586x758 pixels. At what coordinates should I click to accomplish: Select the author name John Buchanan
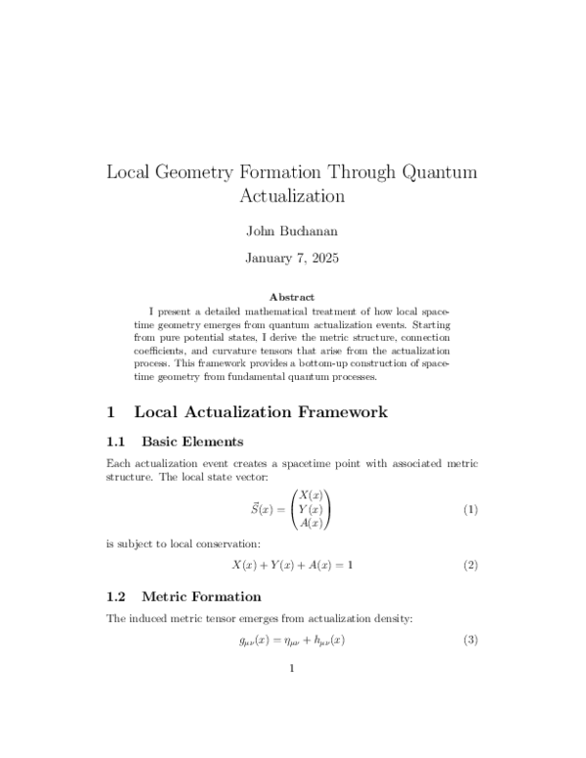[292, 232]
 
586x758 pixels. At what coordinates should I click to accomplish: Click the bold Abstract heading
[292, 297]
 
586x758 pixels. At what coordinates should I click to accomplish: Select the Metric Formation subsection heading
[201, 596]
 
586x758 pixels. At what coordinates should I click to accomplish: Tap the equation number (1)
[470, 510]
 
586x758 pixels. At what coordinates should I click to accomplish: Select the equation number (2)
[470, 566]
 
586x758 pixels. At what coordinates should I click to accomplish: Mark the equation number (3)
[470, 641]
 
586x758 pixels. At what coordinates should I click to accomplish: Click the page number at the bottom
[292, 669]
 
